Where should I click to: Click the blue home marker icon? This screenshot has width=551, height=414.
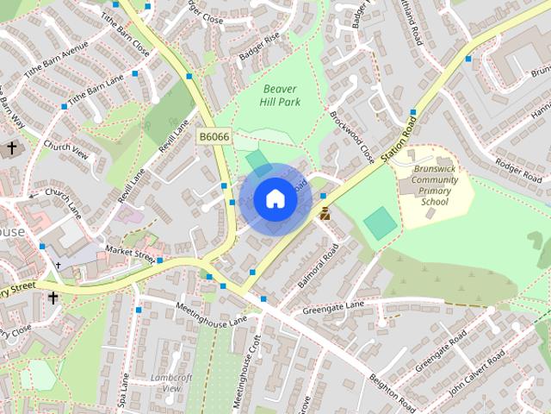click(x=275, y=199)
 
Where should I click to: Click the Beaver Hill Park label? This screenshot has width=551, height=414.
click(x=279, y=95)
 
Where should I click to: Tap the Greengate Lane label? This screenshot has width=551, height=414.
click(x=333, y=308)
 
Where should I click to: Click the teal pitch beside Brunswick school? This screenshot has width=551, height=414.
click(x=381, y=223)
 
